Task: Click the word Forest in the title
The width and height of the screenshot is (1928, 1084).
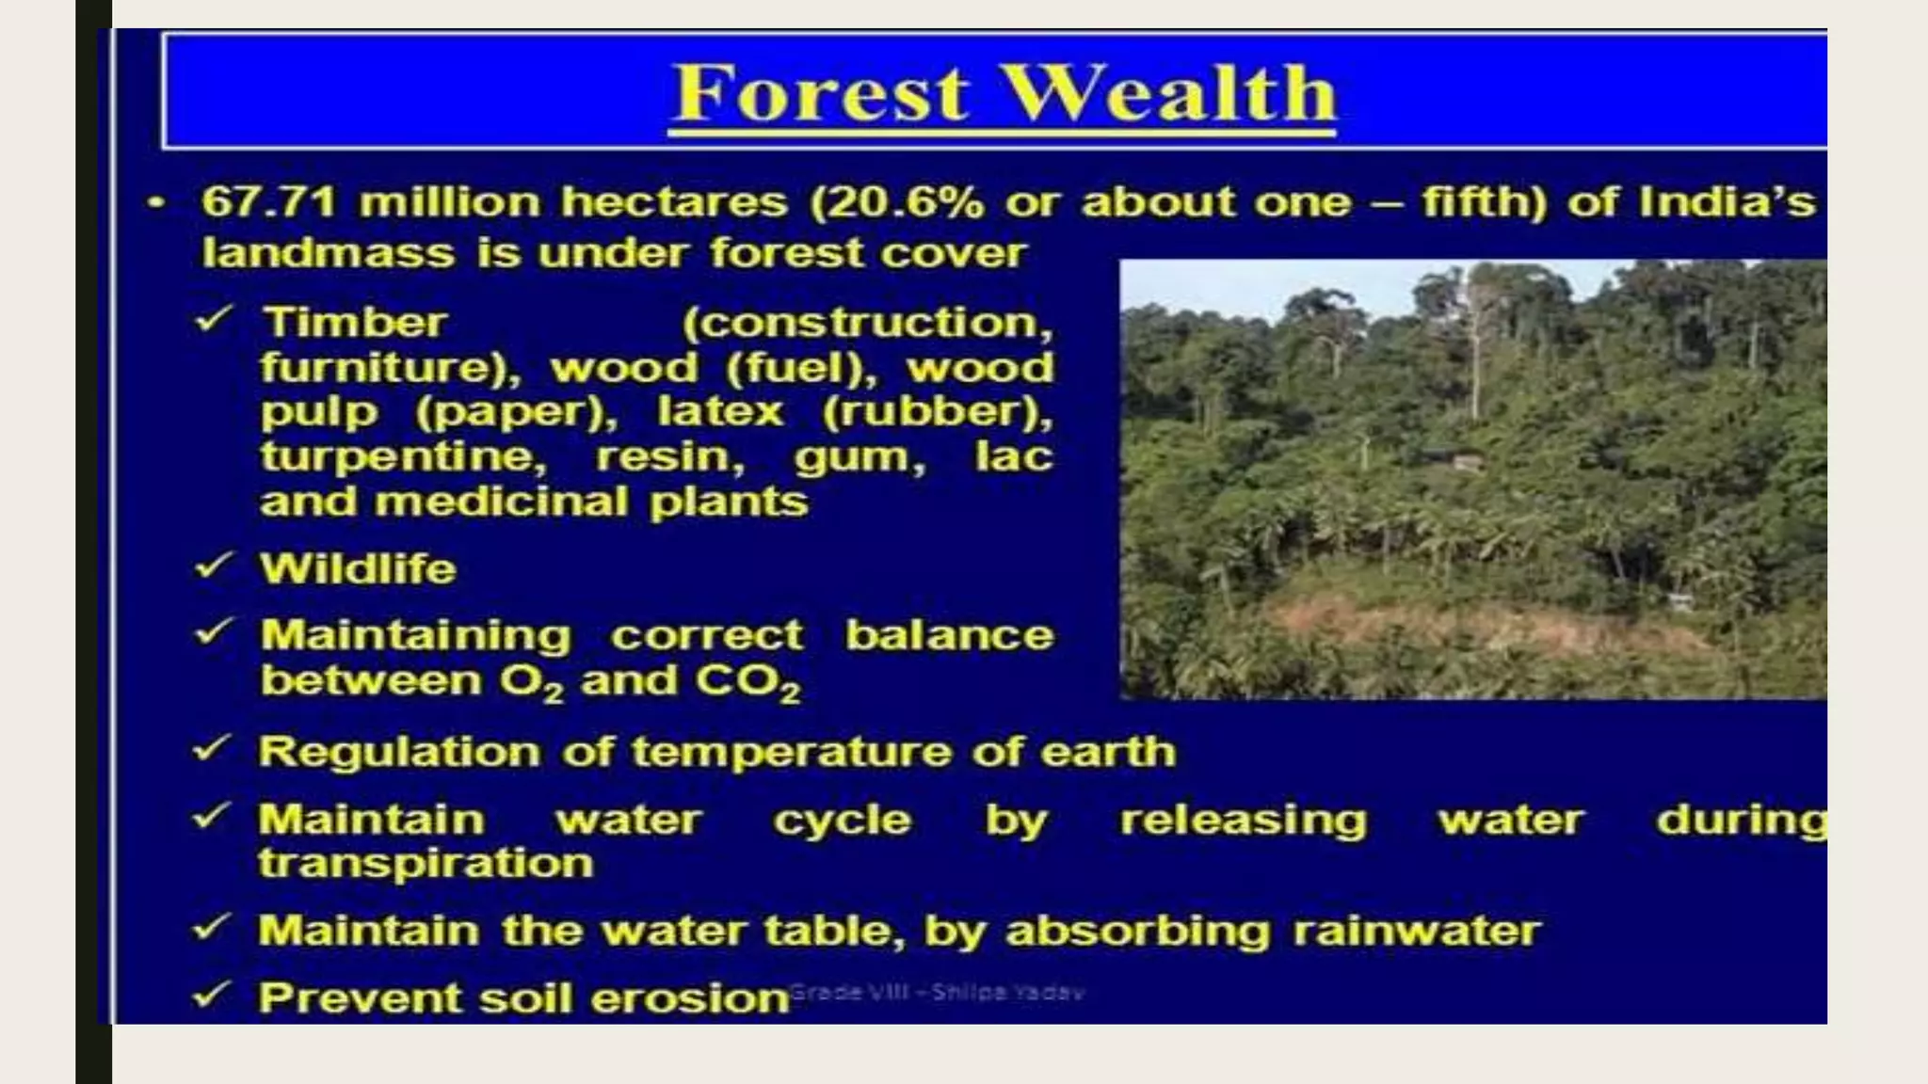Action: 820,93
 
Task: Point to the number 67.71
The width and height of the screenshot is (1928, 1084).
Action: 268,201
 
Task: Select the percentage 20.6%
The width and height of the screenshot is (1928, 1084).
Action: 896,202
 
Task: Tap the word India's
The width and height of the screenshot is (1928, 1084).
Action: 1727,201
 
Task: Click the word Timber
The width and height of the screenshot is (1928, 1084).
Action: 354,322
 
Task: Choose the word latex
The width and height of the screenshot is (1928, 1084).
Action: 720,412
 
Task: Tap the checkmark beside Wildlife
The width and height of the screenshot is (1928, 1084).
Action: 213,566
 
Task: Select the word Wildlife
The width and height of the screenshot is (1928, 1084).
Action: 359,568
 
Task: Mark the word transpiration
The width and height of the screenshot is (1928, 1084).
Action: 426,864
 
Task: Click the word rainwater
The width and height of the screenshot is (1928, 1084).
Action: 1417,931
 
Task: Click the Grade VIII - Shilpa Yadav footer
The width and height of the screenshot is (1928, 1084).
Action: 937,991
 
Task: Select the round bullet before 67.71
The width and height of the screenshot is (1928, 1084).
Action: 156,202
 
